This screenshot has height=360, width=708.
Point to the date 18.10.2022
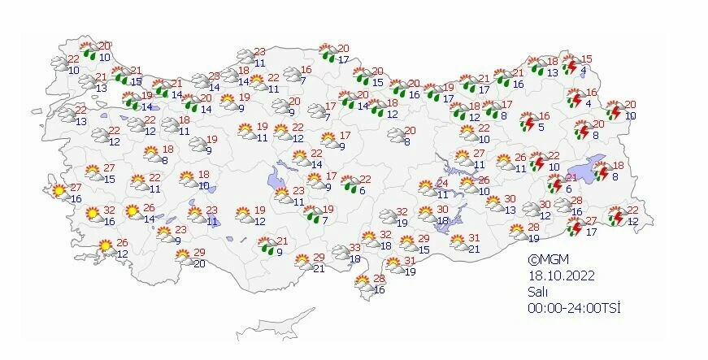pos(561,275)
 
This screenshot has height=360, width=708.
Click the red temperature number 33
pos(354,248)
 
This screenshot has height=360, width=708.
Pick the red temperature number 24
pos(443,183)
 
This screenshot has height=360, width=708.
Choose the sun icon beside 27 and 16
pos(59,192)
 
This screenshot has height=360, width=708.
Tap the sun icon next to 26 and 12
pos(106,247)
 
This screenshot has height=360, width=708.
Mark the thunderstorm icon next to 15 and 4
pos(571,64)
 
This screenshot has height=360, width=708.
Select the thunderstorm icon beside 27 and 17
pos(574,227)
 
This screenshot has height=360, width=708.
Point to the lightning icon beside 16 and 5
pos(526,122)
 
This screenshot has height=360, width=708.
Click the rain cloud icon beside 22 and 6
pos(350,185)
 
